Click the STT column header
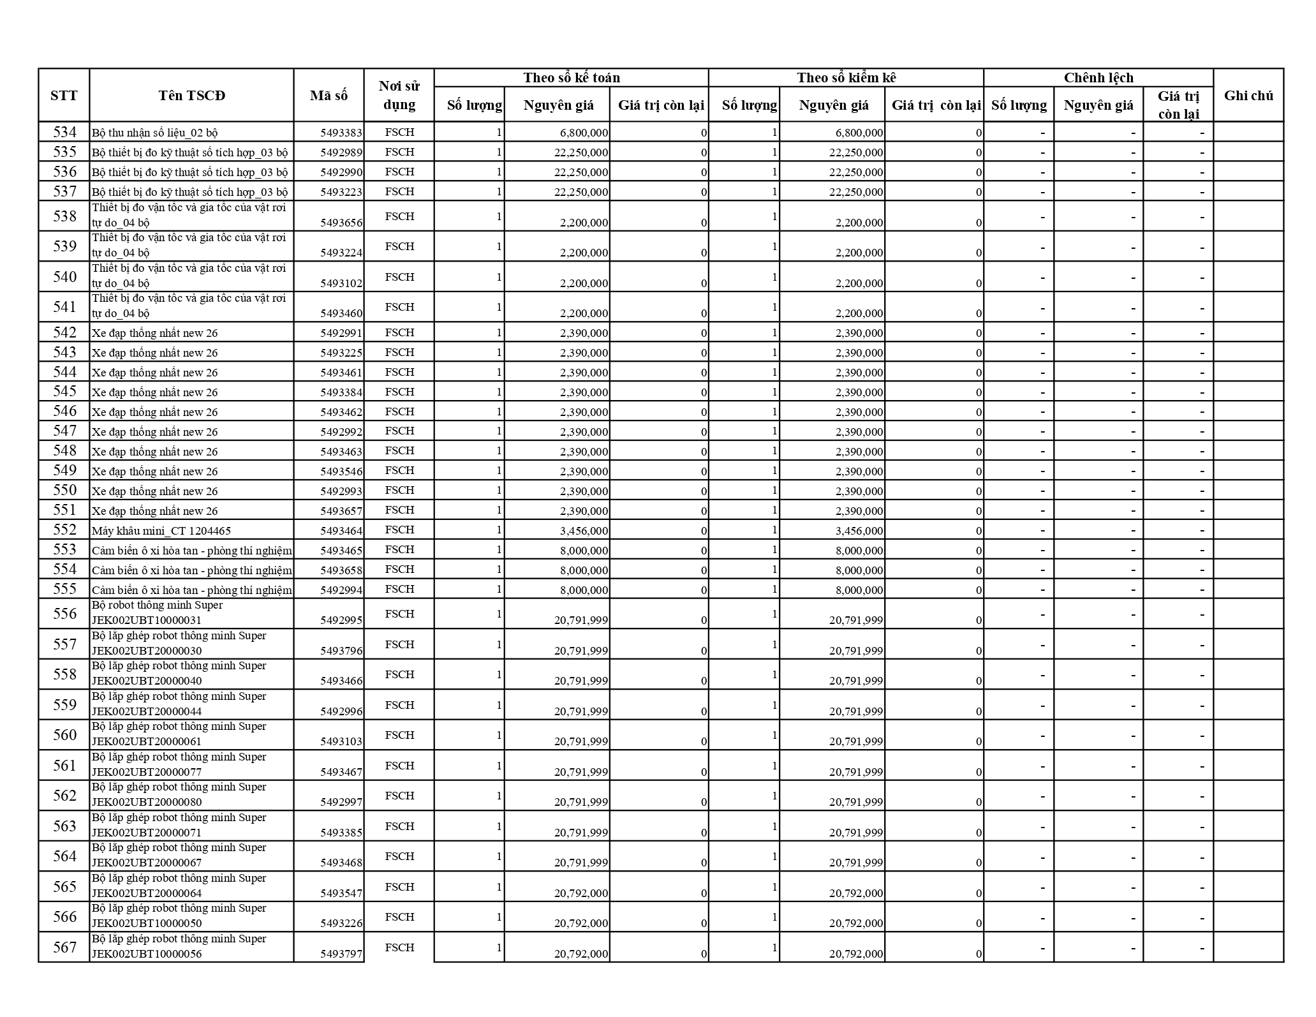tap(64, 96)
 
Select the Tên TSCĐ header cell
tap(191, 96)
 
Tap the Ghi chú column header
tap(1248, 96)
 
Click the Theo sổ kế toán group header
tap(571, 78)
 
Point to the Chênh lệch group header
tap(1098, 78)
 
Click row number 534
tap(64, 132)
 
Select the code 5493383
tap(341, 133)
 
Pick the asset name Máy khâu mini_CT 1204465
tap(161, 531)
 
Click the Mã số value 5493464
tap(341, 530)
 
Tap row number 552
tap(64, 530)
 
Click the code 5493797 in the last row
tap(341, 954)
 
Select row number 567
tap(64, 947)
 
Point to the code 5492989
tap(341, 152)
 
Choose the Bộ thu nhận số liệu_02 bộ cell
tap(155, 133)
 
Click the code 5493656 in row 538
tap(341, 223)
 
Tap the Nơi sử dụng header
tap(399, 96)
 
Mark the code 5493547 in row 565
tap(341, 893)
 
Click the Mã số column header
tap(329, 96)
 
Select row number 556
tap(64, 614)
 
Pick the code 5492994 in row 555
tap(341, 590)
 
